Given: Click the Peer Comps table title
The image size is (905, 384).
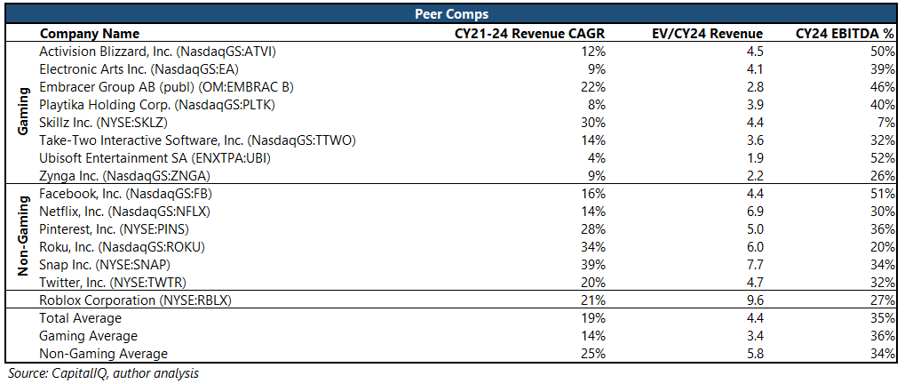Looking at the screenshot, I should click(x=452, y=14).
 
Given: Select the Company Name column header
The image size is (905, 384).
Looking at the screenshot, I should click(x=87, y=33).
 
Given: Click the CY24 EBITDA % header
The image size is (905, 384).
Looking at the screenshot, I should click(x=845, y=33).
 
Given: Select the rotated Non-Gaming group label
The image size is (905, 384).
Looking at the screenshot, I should click(x=24, y=237).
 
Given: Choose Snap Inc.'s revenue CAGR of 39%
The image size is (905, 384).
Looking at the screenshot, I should click(x=594, y=264).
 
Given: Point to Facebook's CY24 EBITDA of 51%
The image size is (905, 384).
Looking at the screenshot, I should click(x=882, y=193).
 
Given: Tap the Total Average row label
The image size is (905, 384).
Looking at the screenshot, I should click(x=80, y=317).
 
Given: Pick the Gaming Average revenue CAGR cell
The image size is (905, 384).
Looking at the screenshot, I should click(x=594, y=335).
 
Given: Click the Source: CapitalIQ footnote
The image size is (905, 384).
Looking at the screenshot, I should click(x=102, y=373).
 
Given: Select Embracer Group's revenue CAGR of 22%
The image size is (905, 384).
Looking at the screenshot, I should click(x=594, y=86).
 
